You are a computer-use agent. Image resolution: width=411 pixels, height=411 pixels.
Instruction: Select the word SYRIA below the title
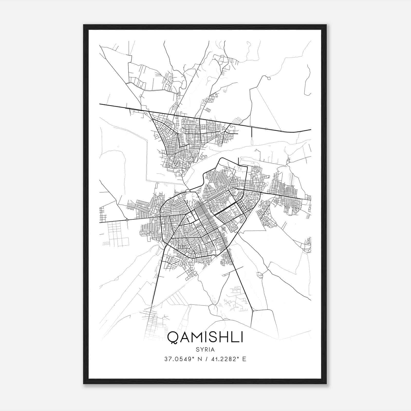205,350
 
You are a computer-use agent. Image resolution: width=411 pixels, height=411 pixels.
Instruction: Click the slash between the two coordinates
206,359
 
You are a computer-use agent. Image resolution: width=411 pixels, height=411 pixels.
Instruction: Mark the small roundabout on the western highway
127,220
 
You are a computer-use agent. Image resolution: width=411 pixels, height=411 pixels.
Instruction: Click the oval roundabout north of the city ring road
188,190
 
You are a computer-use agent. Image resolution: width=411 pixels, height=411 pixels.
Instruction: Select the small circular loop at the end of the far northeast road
269,78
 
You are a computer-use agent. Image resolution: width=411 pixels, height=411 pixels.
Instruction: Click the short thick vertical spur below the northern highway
251,132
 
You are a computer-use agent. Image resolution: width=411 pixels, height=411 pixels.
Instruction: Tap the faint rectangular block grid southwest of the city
115,234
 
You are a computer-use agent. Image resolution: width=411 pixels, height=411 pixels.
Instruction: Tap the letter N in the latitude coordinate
198,359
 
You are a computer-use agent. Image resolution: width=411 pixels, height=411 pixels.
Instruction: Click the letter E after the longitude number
244,359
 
